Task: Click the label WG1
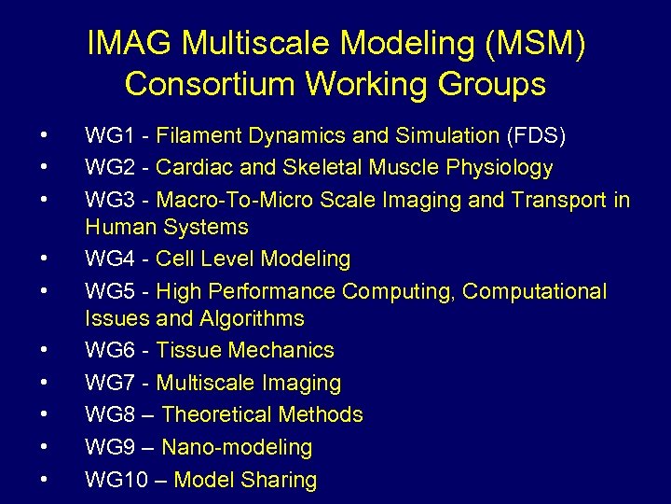(x=108, y=136)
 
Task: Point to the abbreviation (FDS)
(x=536, y=136)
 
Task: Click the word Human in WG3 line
(x=121, y=227)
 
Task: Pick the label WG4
(x=108, y=259)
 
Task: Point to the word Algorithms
(x=252, y=318)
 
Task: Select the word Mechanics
(x=281, y=350)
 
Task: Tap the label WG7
(x=108, y=383)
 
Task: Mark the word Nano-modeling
(x=238, y=447)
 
